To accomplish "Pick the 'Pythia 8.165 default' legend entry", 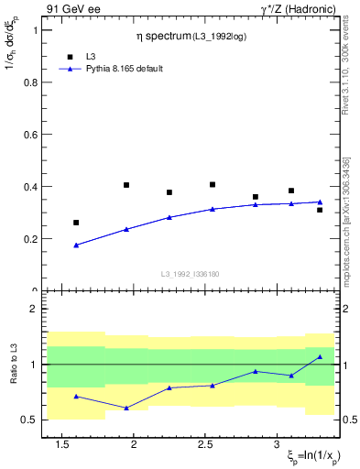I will pyautogui.click(x=110, y=69).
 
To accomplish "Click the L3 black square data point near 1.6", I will pyautogui.click(x=76, y=223).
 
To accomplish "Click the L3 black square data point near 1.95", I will pyautogui.click(x=126, y=185).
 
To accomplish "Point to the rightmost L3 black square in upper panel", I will pyautogui.click(x=320, y=210).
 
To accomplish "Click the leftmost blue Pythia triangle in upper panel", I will pyautogui.click(x=76, y=245).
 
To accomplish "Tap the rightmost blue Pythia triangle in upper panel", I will pyautogui.click(x=320, y=202).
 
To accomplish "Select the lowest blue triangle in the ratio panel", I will pyautogui.click(x=126, y=408).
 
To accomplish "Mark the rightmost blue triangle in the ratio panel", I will pyautogui.click(x=320, y=356).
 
